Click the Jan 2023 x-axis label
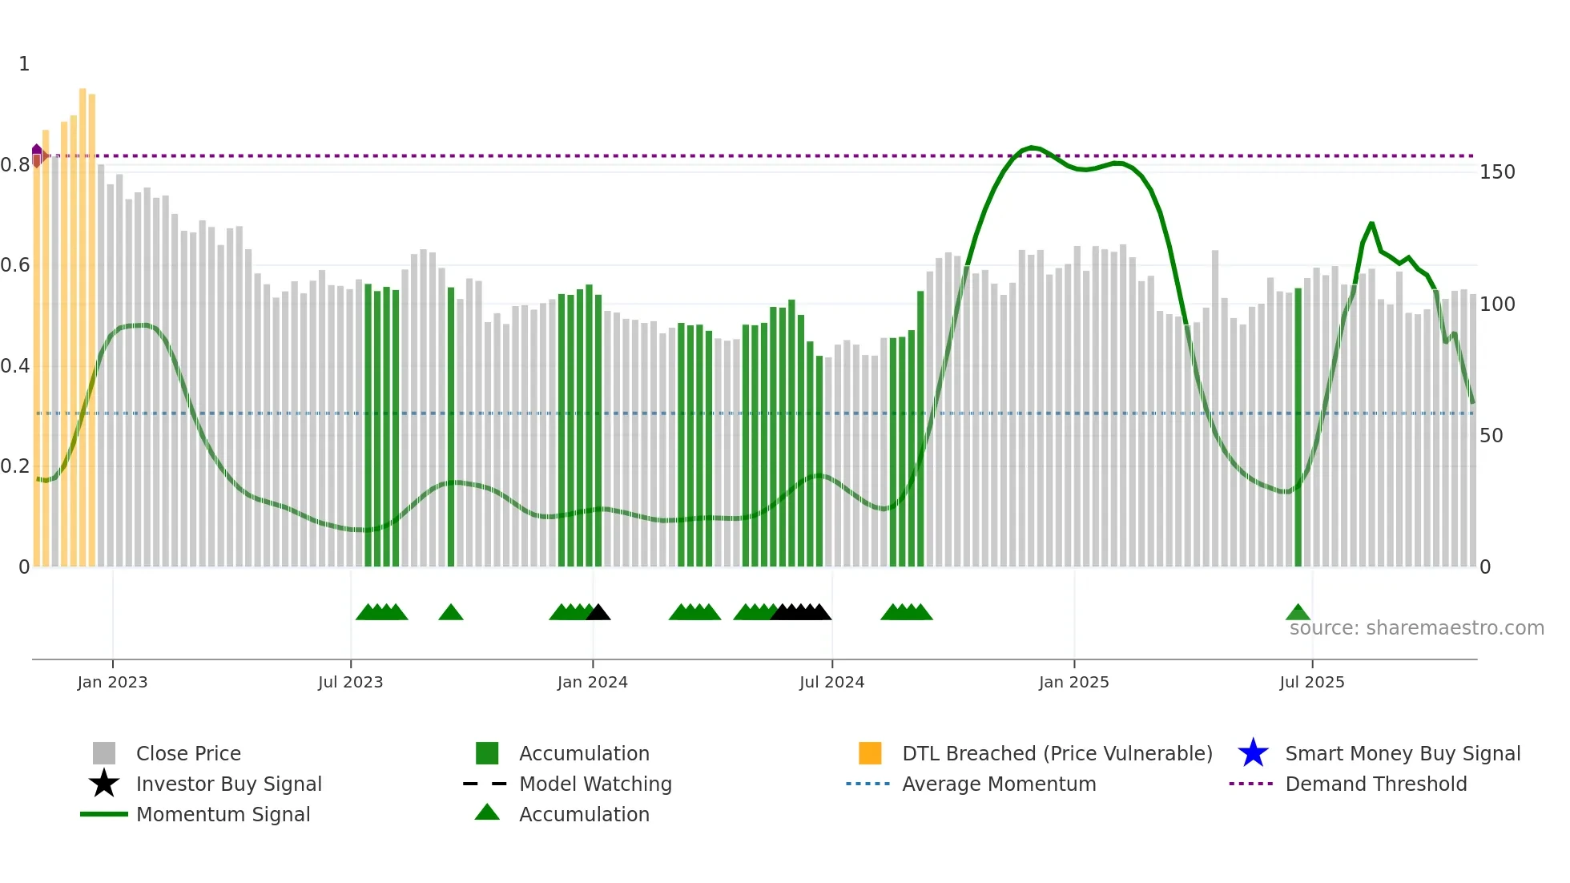pyautogui.click(x=112, y=682)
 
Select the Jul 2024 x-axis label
pyautogui.click(x=831, y=682)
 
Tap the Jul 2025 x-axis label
pyautogui.click(x=1311, y=682)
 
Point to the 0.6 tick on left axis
pyautogui.click(x=15, y=265)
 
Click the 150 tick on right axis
pyautogui.click(x=1497, y=172)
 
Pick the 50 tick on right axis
pyautogui.click(x=1491, y=436)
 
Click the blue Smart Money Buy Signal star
pyautogui.click(x=1253, y=753)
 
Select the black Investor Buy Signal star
pyautogui.click(x=104, y=784)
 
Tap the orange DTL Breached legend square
pyautogui.click(x=870, y=753)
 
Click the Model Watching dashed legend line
pyautogui.click(x=485, y=784)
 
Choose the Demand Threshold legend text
pyautogui.click(x=1375, y=784)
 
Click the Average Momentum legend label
pyautogui.click(x=998, y=784)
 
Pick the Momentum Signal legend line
pyautogui.click(x=104, y=814)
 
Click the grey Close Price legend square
pyautogui.click(x=104, y=753)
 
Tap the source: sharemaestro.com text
pyautogui.click(x=1416, y=628)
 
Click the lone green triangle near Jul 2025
pyautogui.click(x=1298, y=613)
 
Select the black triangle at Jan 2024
pyautogui.click(x=598, y=613)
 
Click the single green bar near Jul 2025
pyautogui.click(x=1298, y=425)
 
